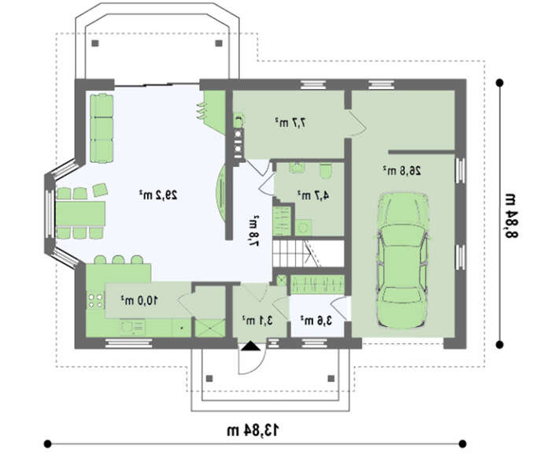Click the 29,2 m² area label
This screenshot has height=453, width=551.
(x=157, y=195)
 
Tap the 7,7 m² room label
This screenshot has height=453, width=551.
(x=290, y=122)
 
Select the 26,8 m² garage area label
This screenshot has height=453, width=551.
(x=401, y=171)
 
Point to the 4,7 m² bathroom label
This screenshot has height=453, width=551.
(x=313, y=195)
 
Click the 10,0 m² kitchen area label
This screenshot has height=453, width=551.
(x=139, y=300)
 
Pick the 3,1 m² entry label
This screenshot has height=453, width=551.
(x=257, y=320)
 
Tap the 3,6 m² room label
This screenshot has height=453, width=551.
(x=316, y=320)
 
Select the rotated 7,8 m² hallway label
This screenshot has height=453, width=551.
(x=253, y=231)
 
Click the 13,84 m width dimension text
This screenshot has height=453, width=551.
(x=253, y=430)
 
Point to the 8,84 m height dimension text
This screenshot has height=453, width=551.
(x=511, y=215)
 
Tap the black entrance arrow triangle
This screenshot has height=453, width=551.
(x=250, y=347)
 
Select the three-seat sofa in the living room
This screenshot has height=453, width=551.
(x=102, y=128)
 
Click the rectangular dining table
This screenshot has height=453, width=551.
(x=80, y=214)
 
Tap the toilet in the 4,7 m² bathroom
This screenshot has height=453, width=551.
(x=326, y=171)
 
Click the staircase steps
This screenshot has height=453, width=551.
(x=296, y=254)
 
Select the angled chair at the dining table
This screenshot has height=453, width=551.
(x=100, y=190)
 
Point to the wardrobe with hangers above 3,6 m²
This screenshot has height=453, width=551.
(x=317, y=284)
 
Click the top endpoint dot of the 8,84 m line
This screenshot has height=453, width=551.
(x=499, y=84)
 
